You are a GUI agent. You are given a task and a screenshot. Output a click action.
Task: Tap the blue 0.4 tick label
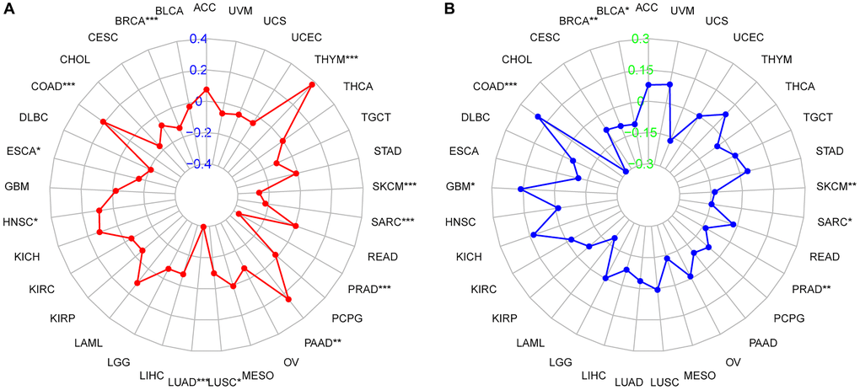[197, 39]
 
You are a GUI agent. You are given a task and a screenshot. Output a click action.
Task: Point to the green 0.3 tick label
[641, 39]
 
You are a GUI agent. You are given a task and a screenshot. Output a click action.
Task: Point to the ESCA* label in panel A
[23, 152]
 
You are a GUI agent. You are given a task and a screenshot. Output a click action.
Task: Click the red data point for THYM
[313, 85]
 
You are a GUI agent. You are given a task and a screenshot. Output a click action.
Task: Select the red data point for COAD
[104, 122]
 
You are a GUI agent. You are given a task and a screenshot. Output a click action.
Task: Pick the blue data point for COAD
[538, 118]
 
